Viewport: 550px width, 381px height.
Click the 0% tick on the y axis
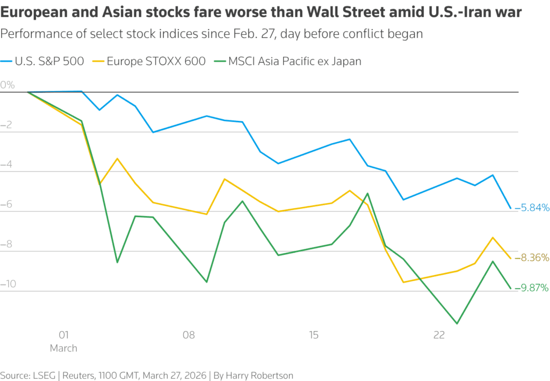pyautogui.click(x=8, y=85)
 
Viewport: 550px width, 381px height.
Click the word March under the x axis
pyautogui.click(x=63, y=348)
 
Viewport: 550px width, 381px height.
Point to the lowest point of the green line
pyautogui.click(x=457, y=324)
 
